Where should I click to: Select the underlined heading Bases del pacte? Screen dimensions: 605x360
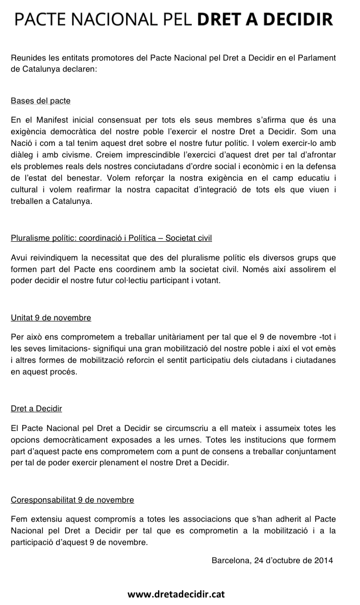point(40,101)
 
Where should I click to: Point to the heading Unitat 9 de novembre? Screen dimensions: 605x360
point(51,318)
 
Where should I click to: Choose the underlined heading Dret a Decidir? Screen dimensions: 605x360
point(36,408)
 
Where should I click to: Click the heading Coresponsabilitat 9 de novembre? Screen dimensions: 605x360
point(72,500)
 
